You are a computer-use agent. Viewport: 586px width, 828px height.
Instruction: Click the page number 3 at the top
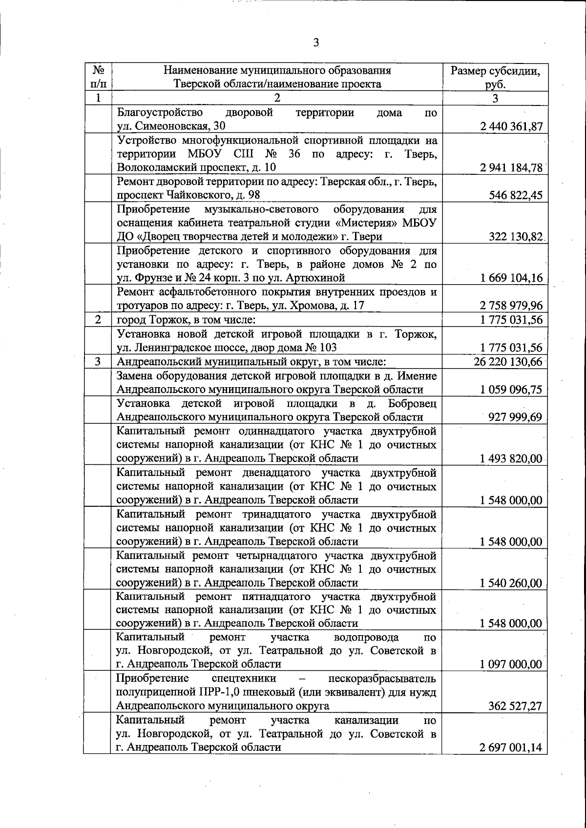pyautogui.click(x=316, y=43)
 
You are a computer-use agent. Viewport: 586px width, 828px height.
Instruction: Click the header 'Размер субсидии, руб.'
pyautogui.click(x=495, y=78)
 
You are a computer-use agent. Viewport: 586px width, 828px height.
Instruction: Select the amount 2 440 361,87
pyautogui.click(x=511, y=126)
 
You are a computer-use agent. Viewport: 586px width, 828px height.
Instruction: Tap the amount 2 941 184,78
pyautogui.click(x=511, y=168)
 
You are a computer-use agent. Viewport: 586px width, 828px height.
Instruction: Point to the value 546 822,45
pyautogui.click(x=516, y=195)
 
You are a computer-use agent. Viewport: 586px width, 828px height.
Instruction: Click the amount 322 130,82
pyautogui.click(x=516, y=237)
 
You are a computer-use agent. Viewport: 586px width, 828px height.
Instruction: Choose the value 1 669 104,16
pyautogui.click(x=511, y=278)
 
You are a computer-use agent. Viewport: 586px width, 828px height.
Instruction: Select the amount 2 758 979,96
pyautogui.click(x=511, y=306)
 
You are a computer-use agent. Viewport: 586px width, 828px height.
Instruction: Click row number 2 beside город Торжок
pyautogui.click(x=98, y=320)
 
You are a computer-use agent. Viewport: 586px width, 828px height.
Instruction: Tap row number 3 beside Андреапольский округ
pyautogui.click(x=98, y=362)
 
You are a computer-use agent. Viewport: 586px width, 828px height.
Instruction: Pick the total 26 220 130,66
pyautogui.click(x=508, y=362)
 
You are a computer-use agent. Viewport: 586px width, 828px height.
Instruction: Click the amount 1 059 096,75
pyautogui.click(x=511, y=390)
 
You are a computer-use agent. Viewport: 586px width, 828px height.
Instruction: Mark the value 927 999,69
pyautogui.click(x=515, y=417)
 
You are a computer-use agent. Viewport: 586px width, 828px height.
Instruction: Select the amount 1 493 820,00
pyautogui.click(x=511, y=458)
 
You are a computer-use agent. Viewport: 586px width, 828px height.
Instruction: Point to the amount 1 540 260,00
pyautogui.click(x=511, y=583)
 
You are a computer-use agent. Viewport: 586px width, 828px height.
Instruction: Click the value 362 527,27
pyautogui.click(x=515, y=706)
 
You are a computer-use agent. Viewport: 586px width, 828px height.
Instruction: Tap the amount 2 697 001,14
pyautogui.click(x=511, y=747)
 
